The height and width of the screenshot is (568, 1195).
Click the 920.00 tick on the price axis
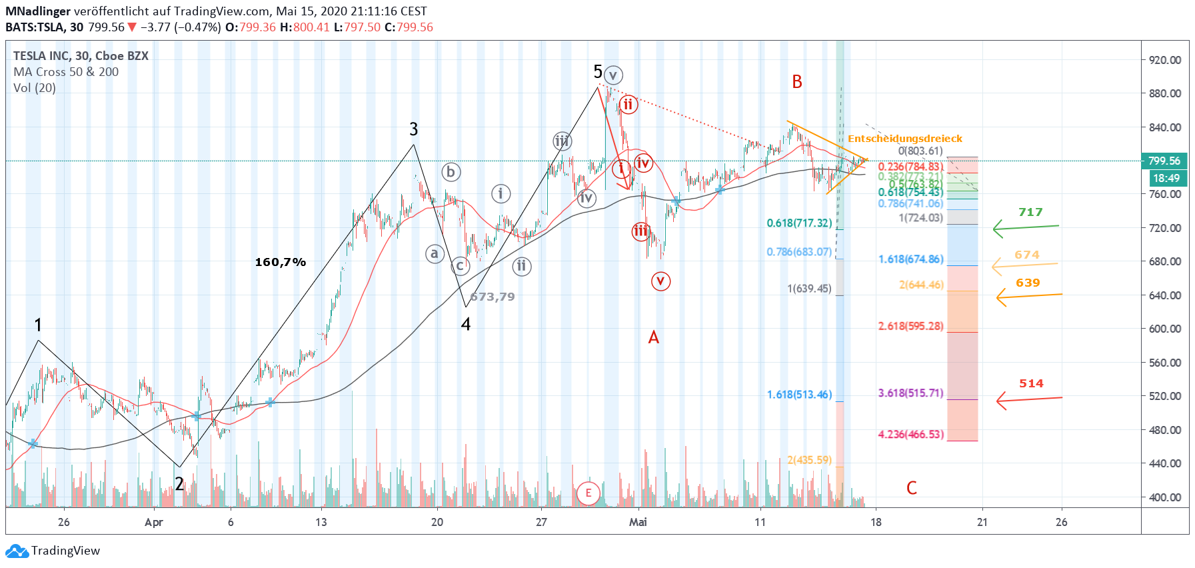[1164, 60]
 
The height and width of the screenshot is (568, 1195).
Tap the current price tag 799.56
[1164, 161]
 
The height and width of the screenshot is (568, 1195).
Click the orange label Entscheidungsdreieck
[904, 139]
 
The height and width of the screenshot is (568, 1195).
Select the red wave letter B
[796, 82]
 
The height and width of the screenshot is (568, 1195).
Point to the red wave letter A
[653, 337]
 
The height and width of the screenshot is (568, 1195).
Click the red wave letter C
[911, 488]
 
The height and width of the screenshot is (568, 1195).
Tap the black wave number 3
[414, 129]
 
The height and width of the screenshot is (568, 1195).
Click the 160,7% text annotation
[280, 262]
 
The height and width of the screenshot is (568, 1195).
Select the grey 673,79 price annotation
[493, 297]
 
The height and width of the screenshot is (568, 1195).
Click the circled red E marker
[588, 493]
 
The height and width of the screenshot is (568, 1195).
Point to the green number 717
[1030, 212]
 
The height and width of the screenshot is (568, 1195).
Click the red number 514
[1031, 383]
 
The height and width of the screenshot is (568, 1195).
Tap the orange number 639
[1028, 283]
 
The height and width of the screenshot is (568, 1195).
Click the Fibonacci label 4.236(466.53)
[910, 435]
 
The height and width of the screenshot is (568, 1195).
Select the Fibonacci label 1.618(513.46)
[799, 395]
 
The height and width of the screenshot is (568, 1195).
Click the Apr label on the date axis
[153, 522]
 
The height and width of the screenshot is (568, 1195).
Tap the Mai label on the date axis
[638, 522]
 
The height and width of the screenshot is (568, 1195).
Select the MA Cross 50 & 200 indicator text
[66, 72]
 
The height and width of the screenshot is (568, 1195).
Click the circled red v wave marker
[660, 281]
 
